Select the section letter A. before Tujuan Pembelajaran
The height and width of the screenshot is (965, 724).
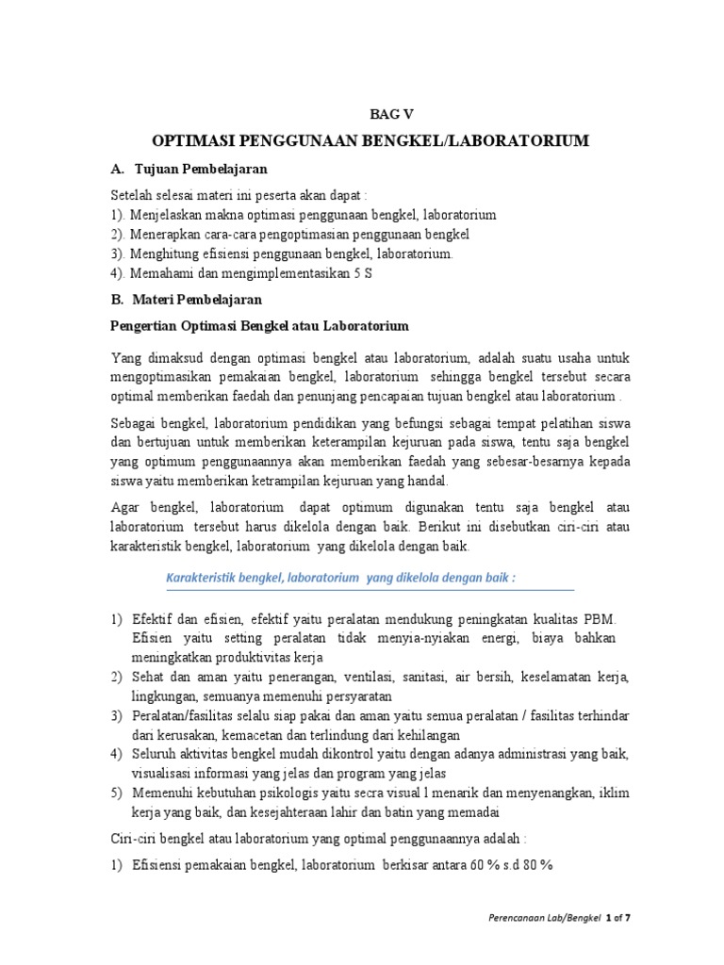[x=118, y=169]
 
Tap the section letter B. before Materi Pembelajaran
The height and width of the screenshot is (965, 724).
[x=118, y=299]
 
